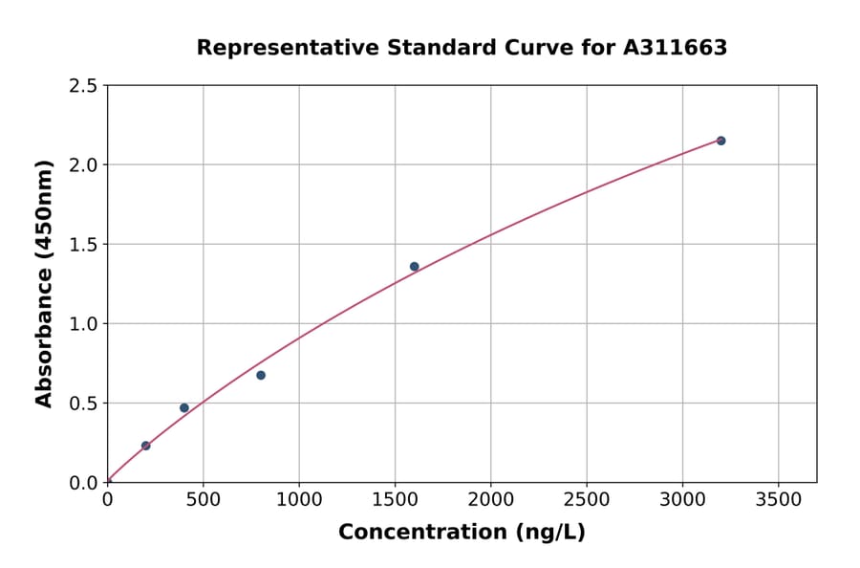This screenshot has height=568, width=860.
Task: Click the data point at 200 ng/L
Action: click(145, 446)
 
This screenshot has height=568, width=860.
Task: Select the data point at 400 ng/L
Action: click(184, 407)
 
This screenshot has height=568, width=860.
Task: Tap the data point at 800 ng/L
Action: click(261, 375)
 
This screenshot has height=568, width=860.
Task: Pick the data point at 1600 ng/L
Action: click(414, 267)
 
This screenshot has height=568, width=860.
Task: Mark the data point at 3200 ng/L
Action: click(720, 141)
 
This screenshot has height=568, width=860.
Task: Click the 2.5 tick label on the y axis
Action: click(84, 86)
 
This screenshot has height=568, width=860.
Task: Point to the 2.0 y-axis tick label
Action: click(84, 165)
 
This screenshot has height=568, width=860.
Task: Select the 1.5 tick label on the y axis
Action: click(84, 245)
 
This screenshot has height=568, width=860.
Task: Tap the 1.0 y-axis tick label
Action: click(84, 324)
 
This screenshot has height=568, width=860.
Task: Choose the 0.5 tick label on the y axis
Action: click(84, 404)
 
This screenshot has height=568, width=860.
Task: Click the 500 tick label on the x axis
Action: click(203, 499)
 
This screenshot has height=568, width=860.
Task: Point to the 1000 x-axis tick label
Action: click(299, 499)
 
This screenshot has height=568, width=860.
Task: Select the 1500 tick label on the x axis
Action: click(395, 499)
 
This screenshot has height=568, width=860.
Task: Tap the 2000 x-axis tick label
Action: click(490, 499)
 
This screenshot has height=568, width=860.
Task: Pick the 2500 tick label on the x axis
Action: click(587, 499)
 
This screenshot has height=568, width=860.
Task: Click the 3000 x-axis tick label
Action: click(682, 499)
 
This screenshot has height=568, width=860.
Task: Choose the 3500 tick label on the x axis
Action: click(778, 499)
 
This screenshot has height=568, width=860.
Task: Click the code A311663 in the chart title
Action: click(675, 48)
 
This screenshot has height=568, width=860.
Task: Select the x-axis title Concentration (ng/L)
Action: click(462, 533)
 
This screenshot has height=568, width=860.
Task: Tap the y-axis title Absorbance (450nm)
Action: click(44, 283)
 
